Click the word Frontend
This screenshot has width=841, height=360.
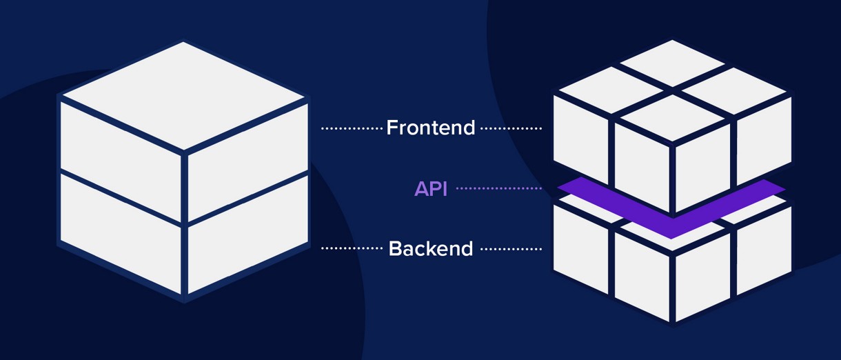point(430,128)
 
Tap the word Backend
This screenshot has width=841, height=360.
point(430,248)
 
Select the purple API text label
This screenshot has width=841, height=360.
point(430,188)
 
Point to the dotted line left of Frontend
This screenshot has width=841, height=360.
point(352,128)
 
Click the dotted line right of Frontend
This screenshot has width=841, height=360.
point(510,128)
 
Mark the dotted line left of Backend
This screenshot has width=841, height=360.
point(352,248)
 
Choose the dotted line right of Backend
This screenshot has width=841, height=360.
point(510,248)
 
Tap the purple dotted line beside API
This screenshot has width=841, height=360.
point(498,188)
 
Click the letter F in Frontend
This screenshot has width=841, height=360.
point(392,128)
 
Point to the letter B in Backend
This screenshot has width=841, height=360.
point(396,248)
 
